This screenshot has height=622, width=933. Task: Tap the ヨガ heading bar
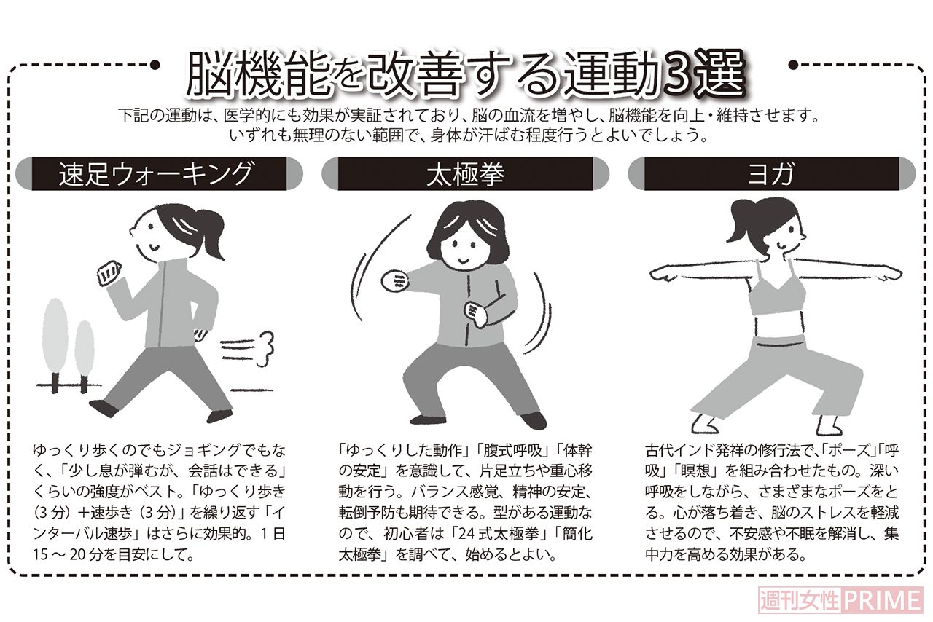[x=773, y=175]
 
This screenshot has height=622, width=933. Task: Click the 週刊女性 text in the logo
[x=800, y=601]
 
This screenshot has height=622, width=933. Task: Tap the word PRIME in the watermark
[x=882, y=601]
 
